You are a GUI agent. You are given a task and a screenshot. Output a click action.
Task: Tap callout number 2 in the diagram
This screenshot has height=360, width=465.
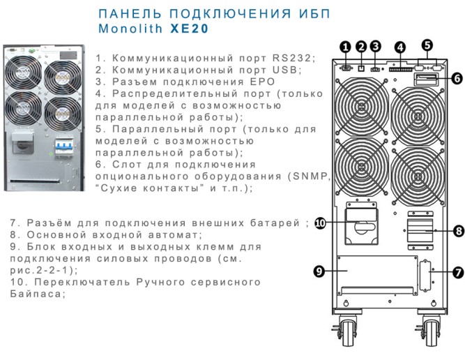(x=361, y=47)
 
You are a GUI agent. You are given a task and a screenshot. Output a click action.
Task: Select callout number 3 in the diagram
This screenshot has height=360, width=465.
(x=376, y=47)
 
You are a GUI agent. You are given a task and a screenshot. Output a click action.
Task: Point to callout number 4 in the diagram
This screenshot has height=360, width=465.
(x=400, y=47)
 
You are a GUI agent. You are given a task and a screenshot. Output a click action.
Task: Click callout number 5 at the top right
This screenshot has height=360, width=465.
(x=427, y=45)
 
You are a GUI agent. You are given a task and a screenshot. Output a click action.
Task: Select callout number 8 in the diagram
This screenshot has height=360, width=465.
(x=458, y=230)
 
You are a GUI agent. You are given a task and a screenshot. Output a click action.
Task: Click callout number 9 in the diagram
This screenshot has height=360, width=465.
(x=321, y=272)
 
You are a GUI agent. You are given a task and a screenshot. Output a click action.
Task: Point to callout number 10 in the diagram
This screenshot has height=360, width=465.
(x=321, y=223)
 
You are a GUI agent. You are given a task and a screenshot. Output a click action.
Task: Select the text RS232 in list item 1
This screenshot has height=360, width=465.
(x=296, y=58)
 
